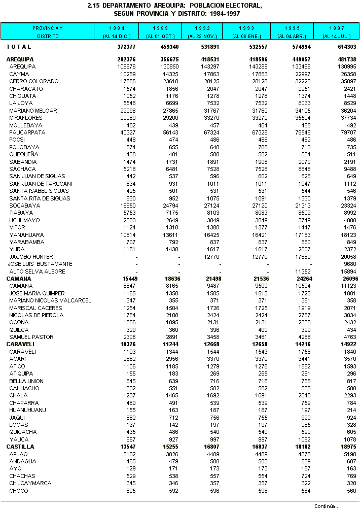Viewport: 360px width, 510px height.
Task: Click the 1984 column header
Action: pyautogui.click(x=117, y=27)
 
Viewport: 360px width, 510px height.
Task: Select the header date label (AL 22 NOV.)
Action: pyautogui.click(x=203, y=36)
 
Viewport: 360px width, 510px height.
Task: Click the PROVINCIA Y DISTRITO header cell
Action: pyautogui.click(x=48, y=31)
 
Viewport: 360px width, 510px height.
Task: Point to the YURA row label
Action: pyautogui.click(x=17, y=250)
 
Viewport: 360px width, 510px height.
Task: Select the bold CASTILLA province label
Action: pyautogui.click(x=20, y=447)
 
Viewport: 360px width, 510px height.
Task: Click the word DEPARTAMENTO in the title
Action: pyautogui.click(x=130, y=5)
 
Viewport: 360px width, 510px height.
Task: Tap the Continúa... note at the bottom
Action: pyautogui.click(x=327, y=506)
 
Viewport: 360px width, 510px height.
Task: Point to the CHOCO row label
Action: pyautogui.click(x=19, y=491)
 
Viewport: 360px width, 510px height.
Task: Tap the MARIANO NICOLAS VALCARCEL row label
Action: pyautogui.click(x=50, y=300)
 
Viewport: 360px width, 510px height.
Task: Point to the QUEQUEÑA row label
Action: pyautogui.click(x=23, y=154)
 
